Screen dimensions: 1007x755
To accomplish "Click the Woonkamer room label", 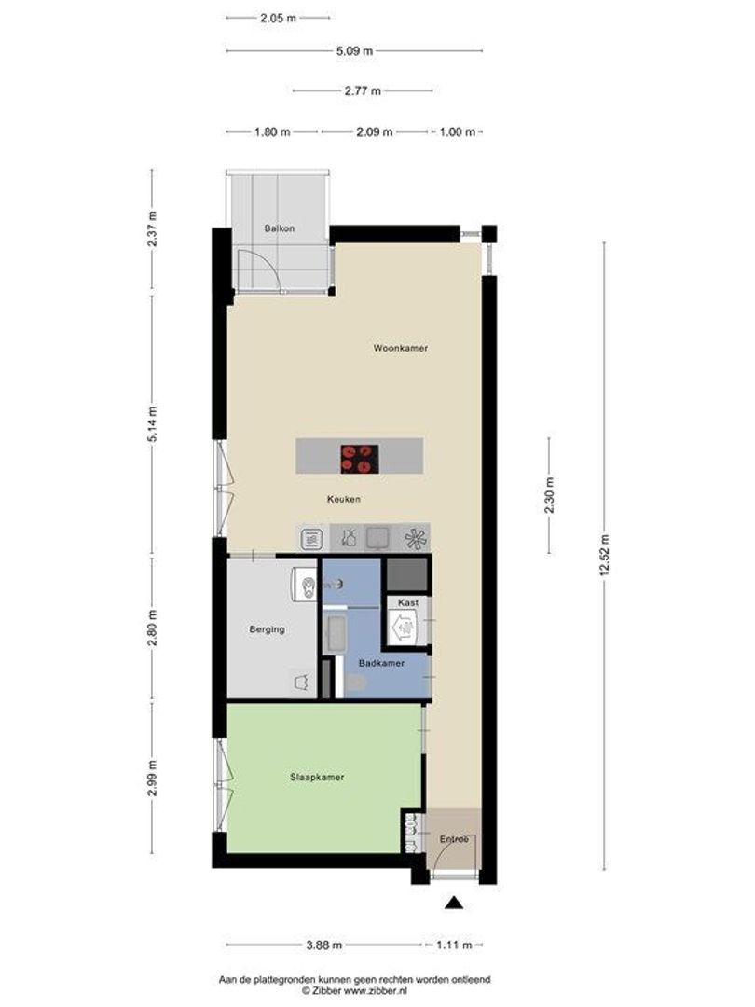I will [400, 348].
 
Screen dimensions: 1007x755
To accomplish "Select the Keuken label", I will [343, 499].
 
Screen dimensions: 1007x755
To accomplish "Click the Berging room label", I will [267, 629].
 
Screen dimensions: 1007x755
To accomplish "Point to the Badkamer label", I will [381, 663].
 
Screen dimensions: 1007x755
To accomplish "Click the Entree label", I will [453, 840].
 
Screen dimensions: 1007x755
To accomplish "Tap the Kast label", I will [408, 603].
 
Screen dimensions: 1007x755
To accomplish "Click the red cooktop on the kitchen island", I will [359, 457].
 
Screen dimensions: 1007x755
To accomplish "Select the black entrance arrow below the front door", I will [453, 902].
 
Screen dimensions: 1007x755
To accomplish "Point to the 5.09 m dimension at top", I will [354, 51].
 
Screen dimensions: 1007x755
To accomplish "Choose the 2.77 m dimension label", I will [363, 91].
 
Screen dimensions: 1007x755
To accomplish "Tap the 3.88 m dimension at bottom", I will [323, 946].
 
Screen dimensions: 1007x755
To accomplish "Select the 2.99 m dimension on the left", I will [152, 778].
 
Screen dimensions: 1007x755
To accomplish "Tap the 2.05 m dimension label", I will [278, 18].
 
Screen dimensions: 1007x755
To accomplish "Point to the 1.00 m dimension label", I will [457, 132].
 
